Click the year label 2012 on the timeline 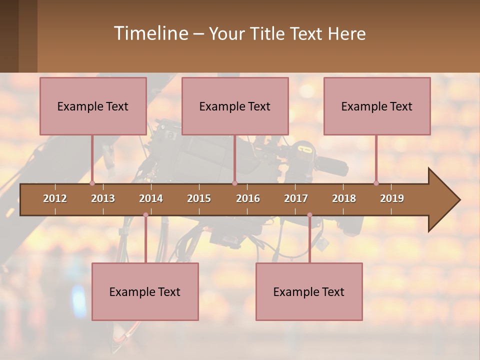click(x=55, y=198)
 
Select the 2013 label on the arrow click(x=103, y=198)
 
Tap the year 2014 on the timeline click(x=151, y=198)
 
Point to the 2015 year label click(x=199, y=198)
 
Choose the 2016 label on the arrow click(x=248, y=198)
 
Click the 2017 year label click(x=296, y=198)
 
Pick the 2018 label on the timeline click(x=344, y=198)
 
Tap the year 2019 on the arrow click(x=392, y=198)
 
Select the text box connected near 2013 click(x=93, y=106)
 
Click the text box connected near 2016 click(x=235, y=106)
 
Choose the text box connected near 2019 click(x=377, y=106)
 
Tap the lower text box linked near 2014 click(x=145, y=291)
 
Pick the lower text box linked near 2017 click(x=309, y=291)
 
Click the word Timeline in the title click(x=150, y=33)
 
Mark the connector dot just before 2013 click(x=92, y=183)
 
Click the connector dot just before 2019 click(x=376, y=183)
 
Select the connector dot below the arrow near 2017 click(x=309, y=215)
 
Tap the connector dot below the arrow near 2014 click(x=145, y=215)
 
